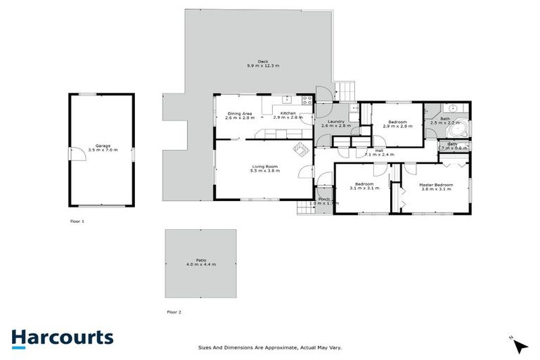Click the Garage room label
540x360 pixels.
(x=103, y=148)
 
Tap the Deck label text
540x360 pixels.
(x=263, y=63)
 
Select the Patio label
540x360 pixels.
(x=201, y=262)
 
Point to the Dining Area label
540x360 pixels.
(x=239, y=115)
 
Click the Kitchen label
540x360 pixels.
(x=288, y=115)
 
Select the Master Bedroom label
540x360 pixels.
(x=437, y=186)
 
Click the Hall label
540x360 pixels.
(x=379, y=152)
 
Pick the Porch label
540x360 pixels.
(x=324, y=201)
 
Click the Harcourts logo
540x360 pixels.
(x=62, y=337)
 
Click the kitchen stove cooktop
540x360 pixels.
(x=307, y=100)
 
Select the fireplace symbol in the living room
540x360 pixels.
(x=300, y=148)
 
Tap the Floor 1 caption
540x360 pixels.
(x=77, y=221)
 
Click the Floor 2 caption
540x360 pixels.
(x=174, y=311)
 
